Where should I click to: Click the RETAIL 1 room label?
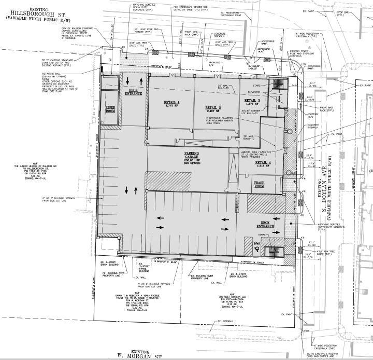tap(171, 103)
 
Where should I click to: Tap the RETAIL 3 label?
tap(252, 100)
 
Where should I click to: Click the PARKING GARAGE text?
tap(192, 155)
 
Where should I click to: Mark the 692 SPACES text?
tap(192, 164)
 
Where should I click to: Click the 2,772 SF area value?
tap(171, 107)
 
